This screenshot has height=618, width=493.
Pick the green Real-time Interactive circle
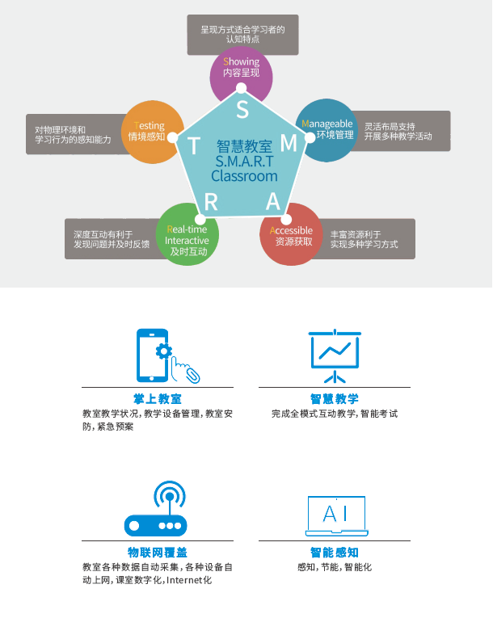[x=187, y=235]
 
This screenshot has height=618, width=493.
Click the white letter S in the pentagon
[x=242, y=108]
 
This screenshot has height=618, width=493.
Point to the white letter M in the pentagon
[x=289, y=143]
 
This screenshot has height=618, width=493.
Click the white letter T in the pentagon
[x=194, y=145]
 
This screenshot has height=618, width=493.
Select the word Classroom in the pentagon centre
[x=244, y=176]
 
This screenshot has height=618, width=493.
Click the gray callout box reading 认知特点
[x=242, y=34]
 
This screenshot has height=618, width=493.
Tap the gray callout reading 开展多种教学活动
[x=402, y=132]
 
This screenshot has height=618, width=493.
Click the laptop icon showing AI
[x=335, y=516]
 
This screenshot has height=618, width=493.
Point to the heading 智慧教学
[x=335, y=399]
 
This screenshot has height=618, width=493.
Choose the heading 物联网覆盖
[x=157, y=553]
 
